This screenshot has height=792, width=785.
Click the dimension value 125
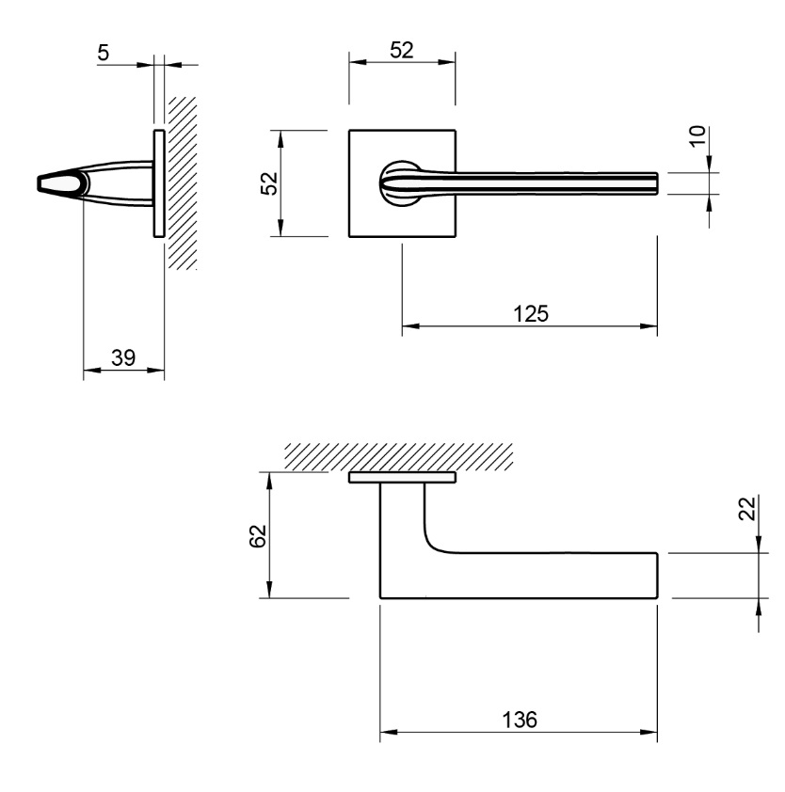pyautogui.click(x=531, y=313)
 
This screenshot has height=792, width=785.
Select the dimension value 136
pyautogui.click(x=520, y=720)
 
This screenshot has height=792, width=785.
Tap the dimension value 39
pyautogui.click(x=123, y=357)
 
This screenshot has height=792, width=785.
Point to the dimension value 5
pyautogui.click(x=104, y=53)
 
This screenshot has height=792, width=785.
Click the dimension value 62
pyautogui.click(x=258, y=535)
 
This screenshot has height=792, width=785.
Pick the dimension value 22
pyautogui.click(x=747, y=508)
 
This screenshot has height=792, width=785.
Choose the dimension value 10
pyautogui.click(x=697, y=135)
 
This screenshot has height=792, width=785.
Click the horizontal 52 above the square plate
pyautogui.click(x=402, y=50)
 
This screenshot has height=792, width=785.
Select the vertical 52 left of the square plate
pyautogui.click(x=269, y=183)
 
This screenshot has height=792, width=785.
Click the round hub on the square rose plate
pyautogui.click(x=399, y=183)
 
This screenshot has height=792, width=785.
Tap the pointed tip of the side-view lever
pyautogui.click(x=39, y=182)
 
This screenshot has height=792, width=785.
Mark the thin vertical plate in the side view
pyautogui.click(x=159, y=183)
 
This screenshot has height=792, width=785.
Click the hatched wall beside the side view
pyautogui.click(x=182, y=182)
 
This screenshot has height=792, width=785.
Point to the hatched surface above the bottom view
pyautogui.click(x=399, y=457)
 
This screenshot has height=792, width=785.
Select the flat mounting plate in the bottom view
pyautogui.click(x=402, y=477)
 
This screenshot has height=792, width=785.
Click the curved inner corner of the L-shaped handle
pyautogui.click(x=433, y=545)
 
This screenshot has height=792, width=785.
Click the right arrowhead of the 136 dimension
pyautogui.click(x=649, y=732)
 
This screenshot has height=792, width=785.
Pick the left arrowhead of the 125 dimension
pyautogui.click(x=411, y=326)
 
